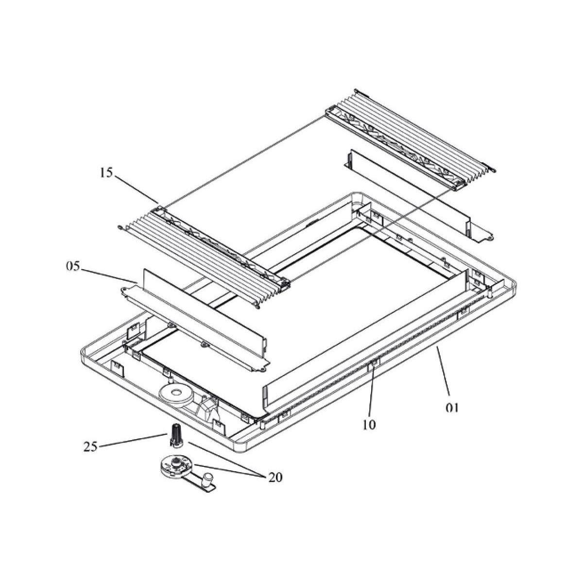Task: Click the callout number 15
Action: click(x=106, y=173)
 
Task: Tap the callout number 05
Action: click(x=72, y=266)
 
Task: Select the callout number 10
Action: click(x=369, y=425)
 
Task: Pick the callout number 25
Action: click(x=91, y=447)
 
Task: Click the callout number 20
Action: click(x=275, y=478)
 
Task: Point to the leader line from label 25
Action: click(x=133, y=439)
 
